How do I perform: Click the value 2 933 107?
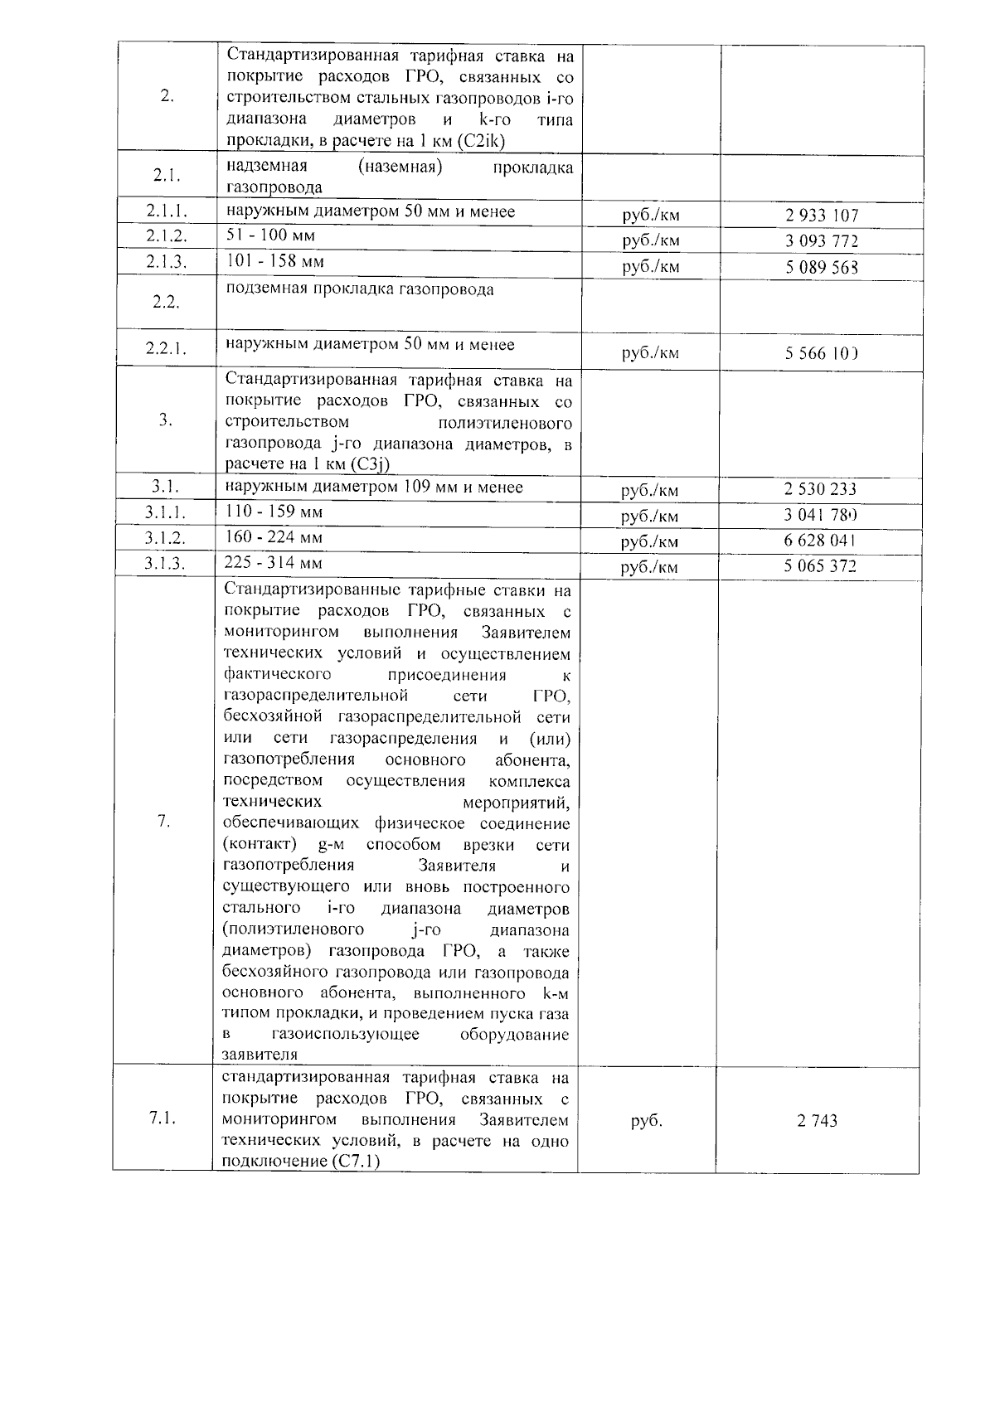coord(821,216)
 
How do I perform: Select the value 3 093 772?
coord(821,241)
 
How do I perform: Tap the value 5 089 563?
coord(821,267)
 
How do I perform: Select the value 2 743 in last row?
coord(817,1120)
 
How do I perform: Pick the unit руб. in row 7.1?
coord(646,1120)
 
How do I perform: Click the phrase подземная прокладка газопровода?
coord(360,289)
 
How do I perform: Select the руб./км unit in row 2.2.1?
coord(650,353)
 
